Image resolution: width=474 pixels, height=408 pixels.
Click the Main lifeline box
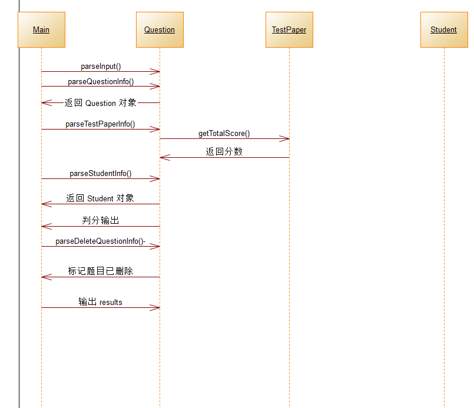click(41, 29)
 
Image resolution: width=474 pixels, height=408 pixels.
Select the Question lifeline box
click(160, 29)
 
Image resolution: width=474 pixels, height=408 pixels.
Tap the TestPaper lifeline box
click(289, 29)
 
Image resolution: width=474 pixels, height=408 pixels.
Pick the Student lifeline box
click(443, 29)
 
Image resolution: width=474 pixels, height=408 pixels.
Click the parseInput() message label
click(101, 67)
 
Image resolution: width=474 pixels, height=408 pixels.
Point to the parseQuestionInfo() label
click(101, 82)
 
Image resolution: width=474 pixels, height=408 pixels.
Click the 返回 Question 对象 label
click(101, 103)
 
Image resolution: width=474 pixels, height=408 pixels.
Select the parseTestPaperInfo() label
click(100, 124)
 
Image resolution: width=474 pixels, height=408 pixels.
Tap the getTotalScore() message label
click(224, 134)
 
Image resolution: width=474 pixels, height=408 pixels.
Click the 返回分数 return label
click(224, 152)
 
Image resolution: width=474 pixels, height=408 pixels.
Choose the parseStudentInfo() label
click(101, 174)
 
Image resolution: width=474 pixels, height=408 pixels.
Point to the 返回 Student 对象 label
click(100, 198)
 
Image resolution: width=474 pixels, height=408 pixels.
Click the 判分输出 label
click(101, 221)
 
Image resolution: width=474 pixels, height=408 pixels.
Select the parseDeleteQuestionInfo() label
click(101, 241)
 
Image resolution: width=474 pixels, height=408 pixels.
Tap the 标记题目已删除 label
click(101, 271)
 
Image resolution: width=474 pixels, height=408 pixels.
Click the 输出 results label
click(101, 302)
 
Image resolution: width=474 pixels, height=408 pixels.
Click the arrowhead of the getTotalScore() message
click(286, 139)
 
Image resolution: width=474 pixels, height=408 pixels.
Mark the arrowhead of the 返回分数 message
click(164, 157)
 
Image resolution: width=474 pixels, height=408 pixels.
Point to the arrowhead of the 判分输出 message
click(45, 226)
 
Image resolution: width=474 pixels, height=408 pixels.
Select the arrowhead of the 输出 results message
click(156, 307)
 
